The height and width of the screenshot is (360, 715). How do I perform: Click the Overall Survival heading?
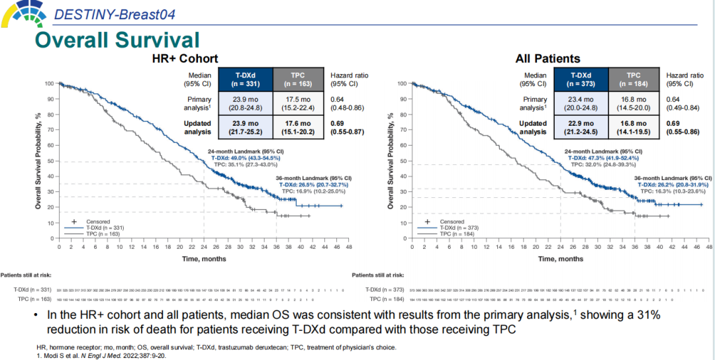click(x=117, y=39)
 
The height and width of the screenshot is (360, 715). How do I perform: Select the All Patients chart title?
click(x=548, y=59)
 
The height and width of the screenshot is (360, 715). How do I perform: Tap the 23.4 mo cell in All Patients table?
click(x=581, y=103)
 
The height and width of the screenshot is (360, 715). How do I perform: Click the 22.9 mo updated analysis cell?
click(x=581, y=128)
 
